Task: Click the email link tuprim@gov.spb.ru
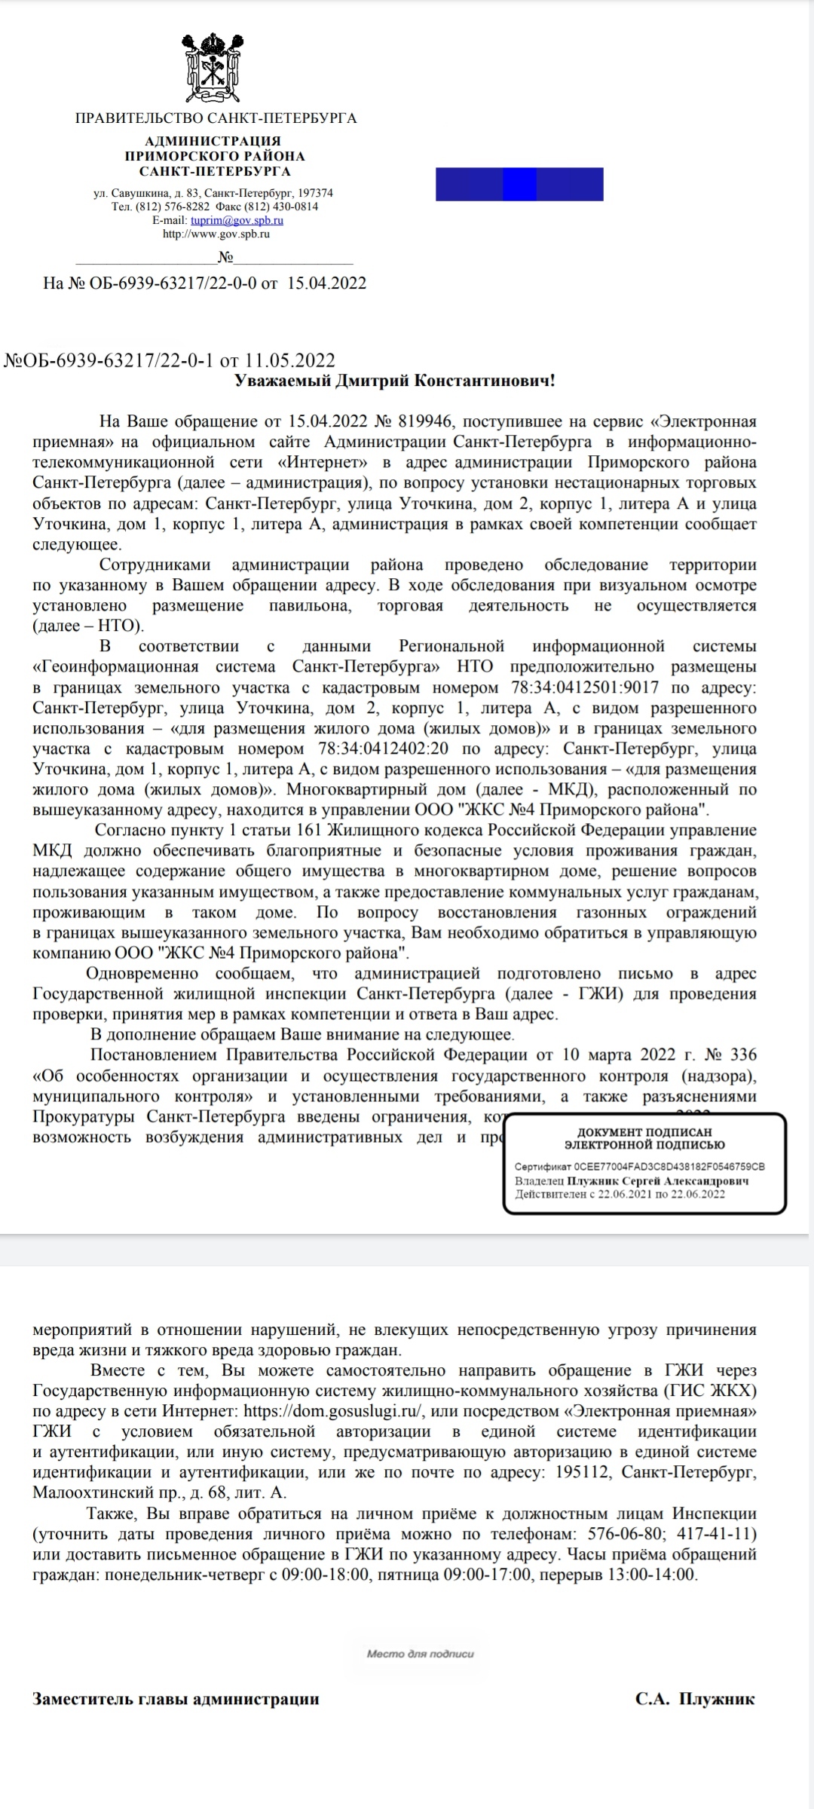click(x=237, y=220)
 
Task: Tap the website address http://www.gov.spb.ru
click(x=216, y=234)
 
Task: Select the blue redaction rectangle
click(x=519, y=184)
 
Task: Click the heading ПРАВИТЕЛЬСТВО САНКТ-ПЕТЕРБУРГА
click(x=216, y=118)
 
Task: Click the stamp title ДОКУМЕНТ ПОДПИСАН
click(x=644, y=1131)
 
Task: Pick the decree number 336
click(x=743, y=1054)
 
